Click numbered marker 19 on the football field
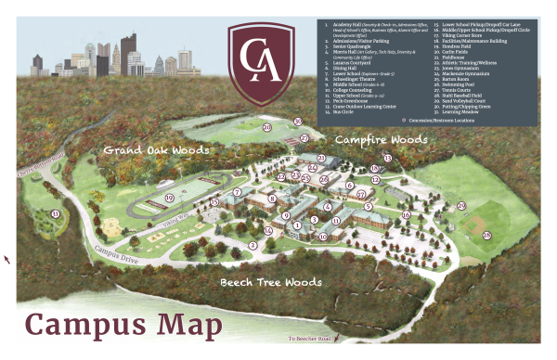tap(169, 198)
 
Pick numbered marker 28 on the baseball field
tap(486, 235)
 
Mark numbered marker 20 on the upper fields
tap(267, 128)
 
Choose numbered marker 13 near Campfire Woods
tap(388, 159)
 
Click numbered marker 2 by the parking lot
tap(252, 245)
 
